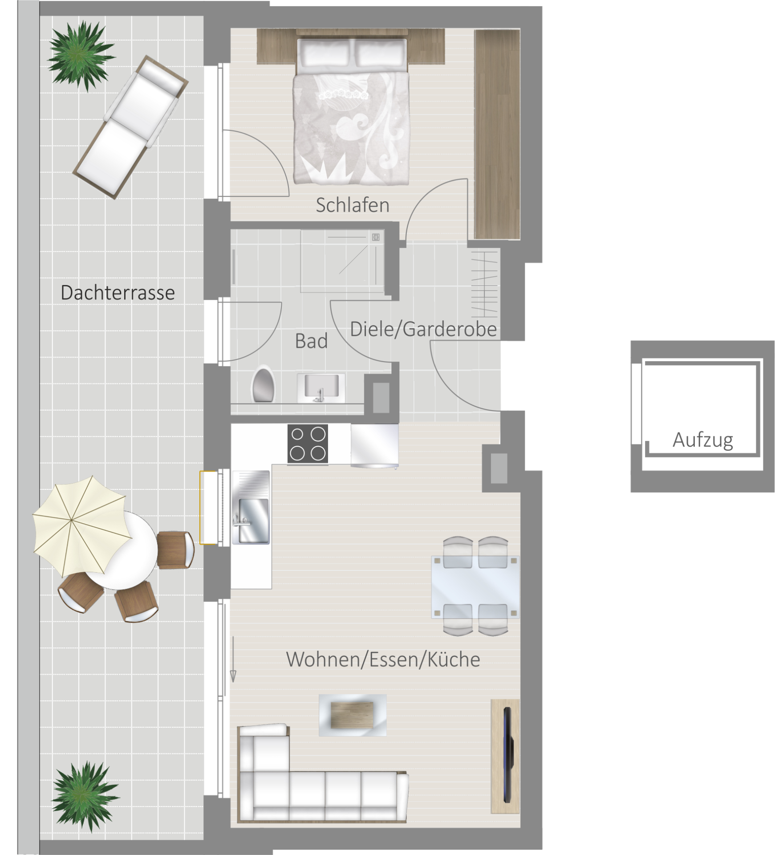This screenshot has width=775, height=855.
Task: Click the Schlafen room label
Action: pos(352,205)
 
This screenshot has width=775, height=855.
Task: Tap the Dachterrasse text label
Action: pos(118,293)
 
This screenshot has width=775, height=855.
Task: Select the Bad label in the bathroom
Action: pos(311,341)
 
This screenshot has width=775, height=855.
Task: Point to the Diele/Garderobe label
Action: pos(423,330)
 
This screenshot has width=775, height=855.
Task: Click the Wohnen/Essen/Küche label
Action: pos(383,660)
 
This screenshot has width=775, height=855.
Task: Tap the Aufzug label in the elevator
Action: pos(702,440)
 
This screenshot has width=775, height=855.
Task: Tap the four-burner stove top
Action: pos(308,444)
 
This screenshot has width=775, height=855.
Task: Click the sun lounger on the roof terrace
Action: pos(131,127)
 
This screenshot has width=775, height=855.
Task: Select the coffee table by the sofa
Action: pos(353,715)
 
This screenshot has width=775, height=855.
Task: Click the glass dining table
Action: pos(475,586)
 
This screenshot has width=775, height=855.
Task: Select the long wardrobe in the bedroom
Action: pos(497,134)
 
